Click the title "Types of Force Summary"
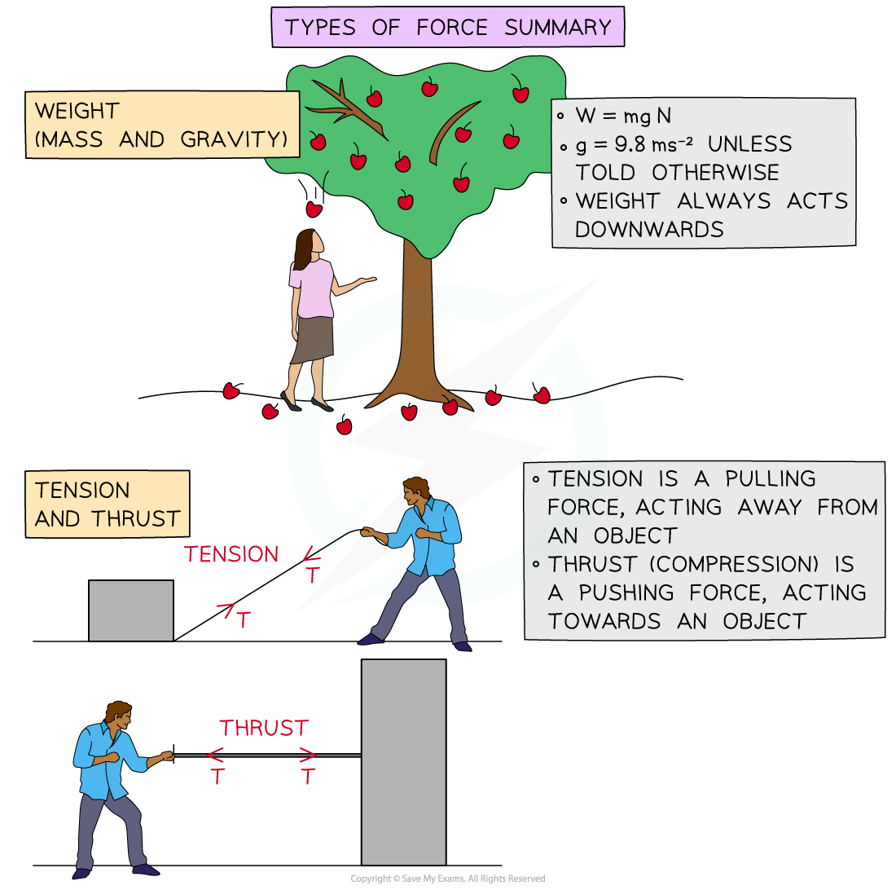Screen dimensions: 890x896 click(448, 27)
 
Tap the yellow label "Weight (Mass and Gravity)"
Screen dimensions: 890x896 click(161, 125)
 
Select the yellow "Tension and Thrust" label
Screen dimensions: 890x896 click(107, 504)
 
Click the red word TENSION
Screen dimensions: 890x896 click(231, 555)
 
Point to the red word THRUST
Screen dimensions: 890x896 click(264, 728)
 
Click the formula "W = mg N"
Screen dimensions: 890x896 click(623, 116)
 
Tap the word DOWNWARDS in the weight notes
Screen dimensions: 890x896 click(649, 229)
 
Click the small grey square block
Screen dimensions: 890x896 click(131, 610)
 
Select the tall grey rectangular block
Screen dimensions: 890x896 click(404, 762)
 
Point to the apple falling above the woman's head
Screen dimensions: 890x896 click(314, 209)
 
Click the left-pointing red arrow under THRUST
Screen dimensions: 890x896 click(216, 755)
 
